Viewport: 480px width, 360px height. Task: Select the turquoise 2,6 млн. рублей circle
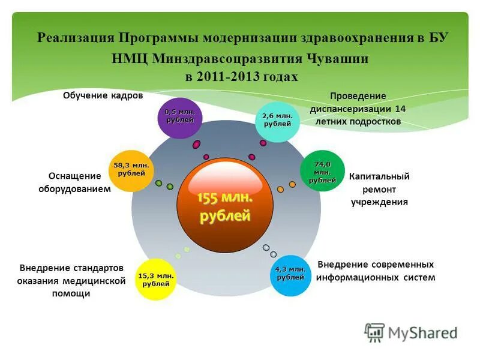pyautogui.click(x=278, y=121)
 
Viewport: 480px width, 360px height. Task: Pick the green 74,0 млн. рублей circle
pyautogui.click(x=322, y=171)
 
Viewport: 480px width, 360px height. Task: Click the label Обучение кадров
pyautogui.click(x=103, y=96)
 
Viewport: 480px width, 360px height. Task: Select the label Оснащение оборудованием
pyautogui.click(x=79, y=182)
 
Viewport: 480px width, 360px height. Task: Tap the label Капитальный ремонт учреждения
pyautogui.click(x=379, y=189)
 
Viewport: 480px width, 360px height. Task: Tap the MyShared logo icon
pyautogui.click(x=374, y=332)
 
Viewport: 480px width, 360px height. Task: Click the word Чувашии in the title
pyautogui.click(x=334, y=59)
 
